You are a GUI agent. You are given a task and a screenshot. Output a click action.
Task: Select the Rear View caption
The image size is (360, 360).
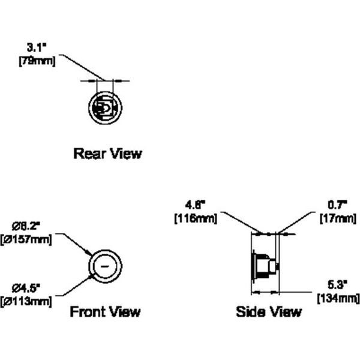click(x=107, y=154)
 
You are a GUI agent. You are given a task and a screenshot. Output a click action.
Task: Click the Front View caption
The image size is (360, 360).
click(x=105, y=311)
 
